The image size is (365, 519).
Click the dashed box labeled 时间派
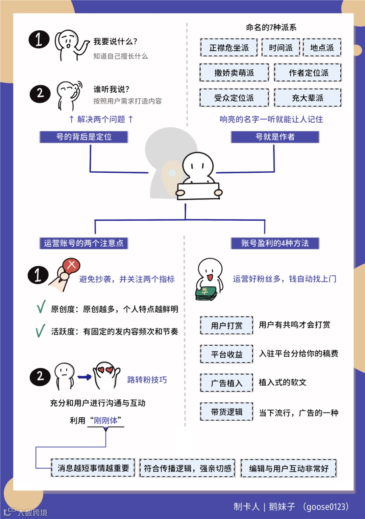pos(281,48)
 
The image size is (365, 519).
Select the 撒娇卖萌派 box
pos(234,73)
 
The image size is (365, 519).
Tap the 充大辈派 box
pos(308,98)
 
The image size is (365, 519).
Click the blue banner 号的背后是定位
pos(84,137)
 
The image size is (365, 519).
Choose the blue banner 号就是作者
pos(275,137)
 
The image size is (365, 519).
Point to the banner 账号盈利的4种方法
pos(275,243)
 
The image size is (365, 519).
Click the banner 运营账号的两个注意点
pos(84,243)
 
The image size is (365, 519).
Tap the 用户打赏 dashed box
pos(226,325)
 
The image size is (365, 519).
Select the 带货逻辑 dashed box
pos(226,412)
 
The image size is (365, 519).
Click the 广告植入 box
pos(226,383)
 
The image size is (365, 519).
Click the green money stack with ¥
pos(206,293)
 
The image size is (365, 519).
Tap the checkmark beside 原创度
pos(41,307)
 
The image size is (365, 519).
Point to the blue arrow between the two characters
pos(84,377)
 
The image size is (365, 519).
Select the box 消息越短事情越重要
pos(93,468)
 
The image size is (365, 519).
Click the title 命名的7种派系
pos(271,27)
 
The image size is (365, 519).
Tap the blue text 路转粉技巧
pos(147,380)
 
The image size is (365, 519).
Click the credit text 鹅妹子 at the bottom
pos(282,506)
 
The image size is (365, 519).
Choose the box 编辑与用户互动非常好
pos(289,468)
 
